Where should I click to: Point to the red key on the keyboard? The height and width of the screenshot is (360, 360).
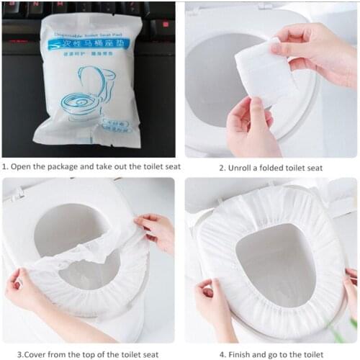coord(161,24)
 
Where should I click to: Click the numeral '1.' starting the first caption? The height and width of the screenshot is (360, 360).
coord(5,167)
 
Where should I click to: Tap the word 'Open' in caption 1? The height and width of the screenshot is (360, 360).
coord(22,167)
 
